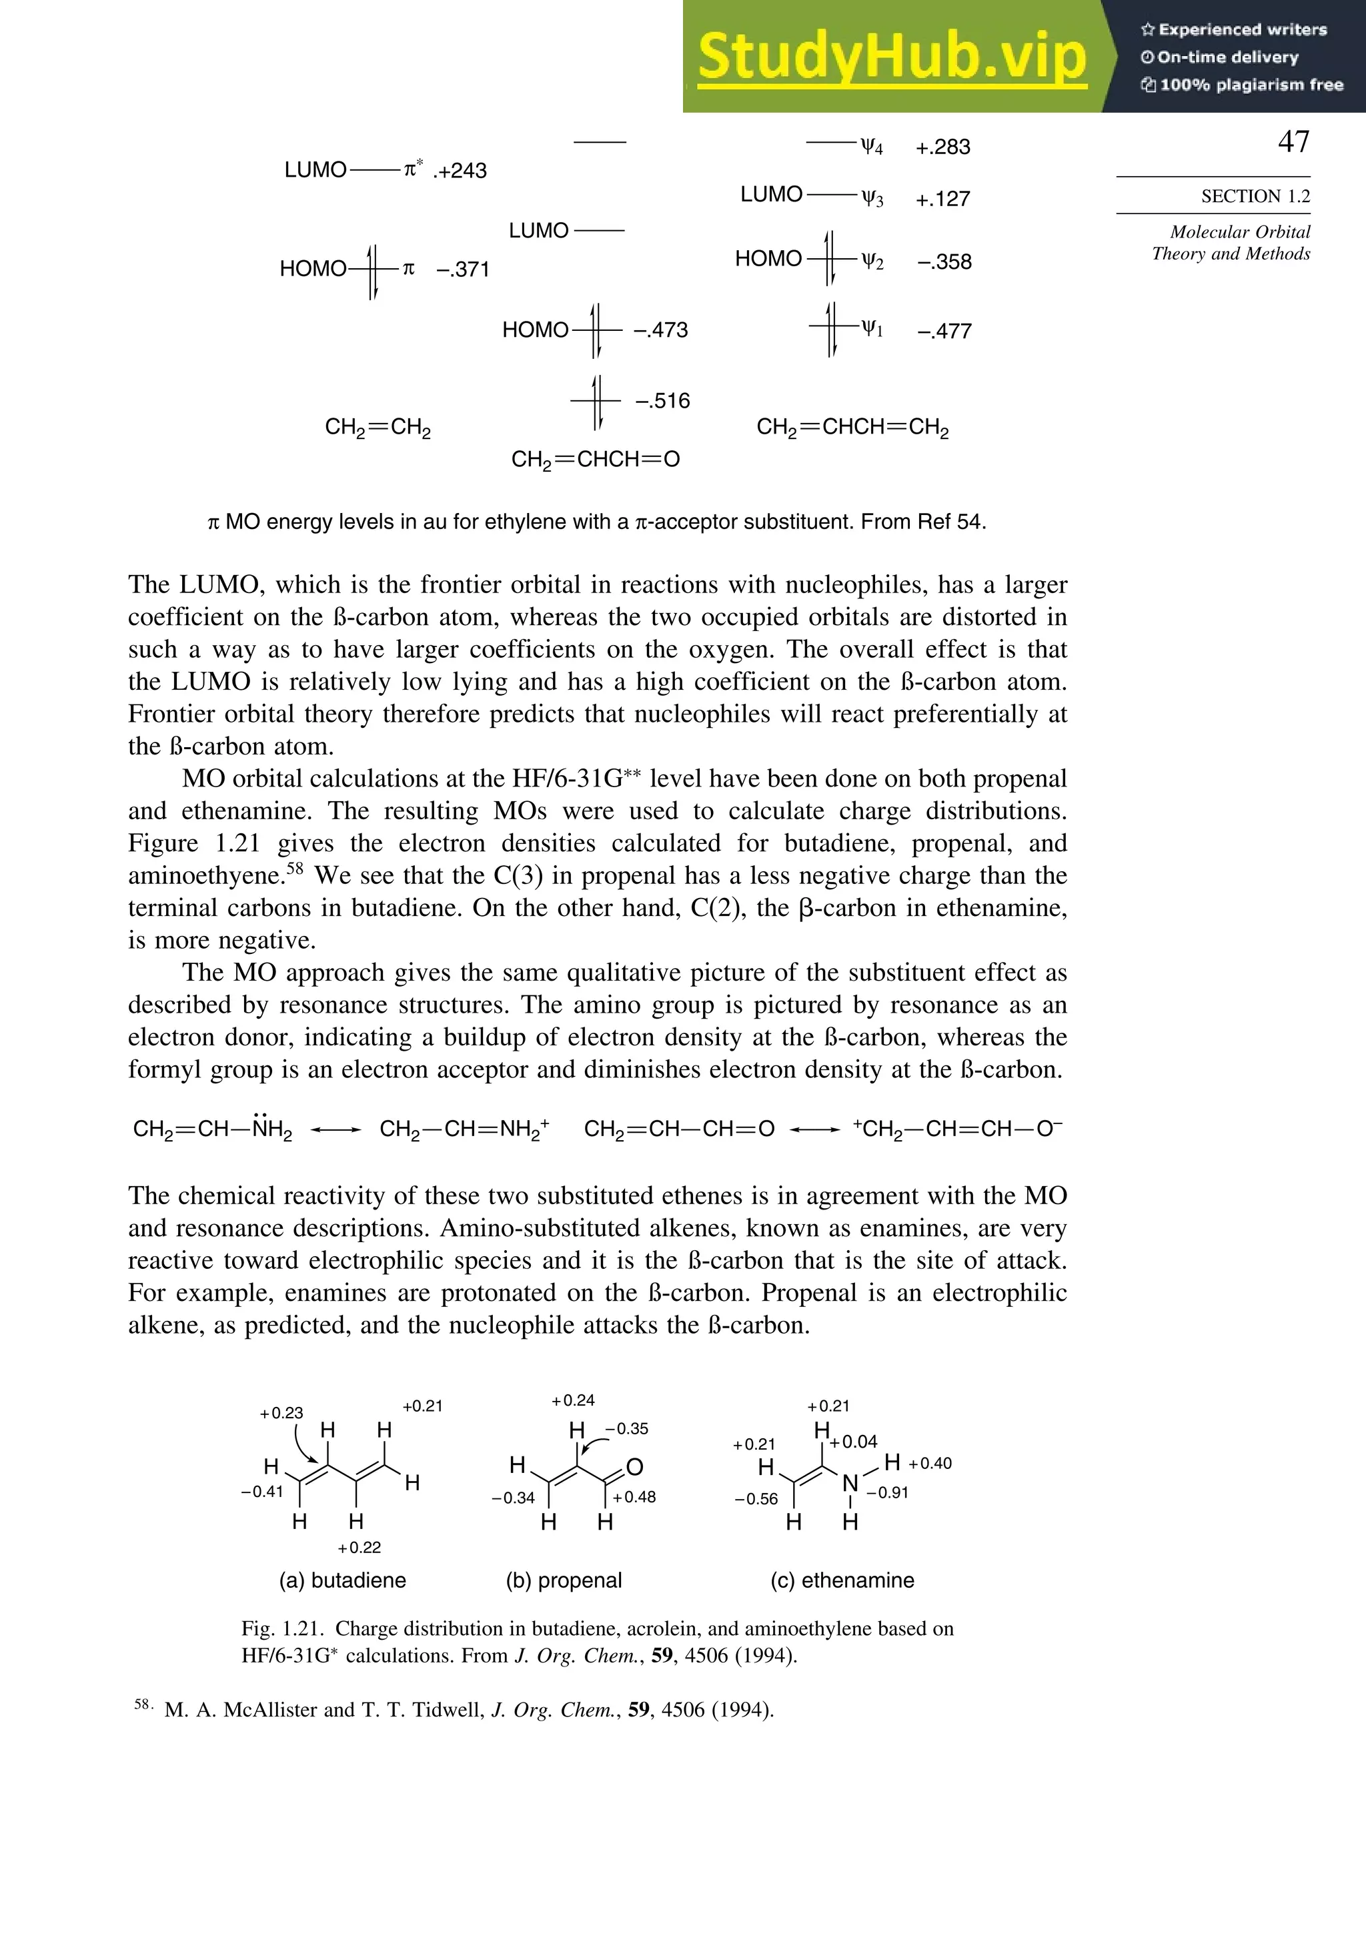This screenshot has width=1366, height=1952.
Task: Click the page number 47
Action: pyautogui.click(x=1293, y=142)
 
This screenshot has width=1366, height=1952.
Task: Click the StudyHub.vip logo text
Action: pyautogui.click(x=892, y=56)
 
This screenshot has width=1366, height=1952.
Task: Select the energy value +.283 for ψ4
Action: pyautogui.click(x=942, y=147)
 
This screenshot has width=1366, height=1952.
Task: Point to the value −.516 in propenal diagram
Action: pyautogui.click(x=662, y=400)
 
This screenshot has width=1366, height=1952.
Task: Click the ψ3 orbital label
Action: pyautogui.click(x=872, y=199)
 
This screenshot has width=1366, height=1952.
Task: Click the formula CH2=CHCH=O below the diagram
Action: pyautogui.click(x=595, y=460)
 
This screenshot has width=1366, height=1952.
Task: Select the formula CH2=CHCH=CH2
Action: pyautogui.click(x=852, y=427)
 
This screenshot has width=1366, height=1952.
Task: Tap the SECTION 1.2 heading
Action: pyautogui.click(x=1255, y=196)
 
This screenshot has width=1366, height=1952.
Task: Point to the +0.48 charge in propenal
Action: pyautogui.click(x=634, y=1496)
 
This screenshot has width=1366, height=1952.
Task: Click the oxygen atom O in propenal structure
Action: pyautogui.click(x=634, y=1466)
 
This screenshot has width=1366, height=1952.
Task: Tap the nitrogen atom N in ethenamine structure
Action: pyautogui.click(x=850, y=1484)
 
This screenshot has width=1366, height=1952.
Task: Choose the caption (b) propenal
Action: pyautogui.click(x=564, y=1580)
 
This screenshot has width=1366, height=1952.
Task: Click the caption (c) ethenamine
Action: pyautogui.click(x=842, y=1580)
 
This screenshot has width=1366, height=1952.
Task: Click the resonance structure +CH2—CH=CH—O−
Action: pyautogui.click(x=957, y=1129)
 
